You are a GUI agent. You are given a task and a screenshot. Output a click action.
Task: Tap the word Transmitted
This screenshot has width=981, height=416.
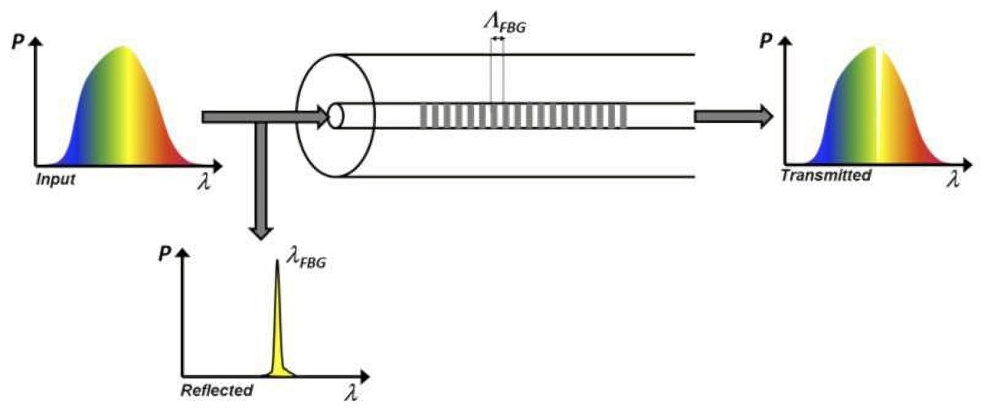pyautogui.click(x=826, y=176)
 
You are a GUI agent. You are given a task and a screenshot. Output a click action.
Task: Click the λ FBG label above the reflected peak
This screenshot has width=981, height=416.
pyautogui.click(x=306, y=262)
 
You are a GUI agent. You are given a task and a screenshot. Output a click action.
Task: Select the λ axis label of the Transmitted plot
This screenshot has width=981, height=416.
pyautogui.click(x=954, y=179)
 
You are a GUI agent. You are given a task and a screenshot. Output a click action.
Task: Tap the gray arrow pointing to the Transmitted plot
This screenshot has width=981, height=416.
pyautogui.click(x=732, y=115)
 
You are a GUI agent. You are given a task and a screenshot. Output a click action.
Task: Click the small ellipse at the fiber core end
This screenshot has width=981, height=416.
pyautogui.click(x=336, y=116)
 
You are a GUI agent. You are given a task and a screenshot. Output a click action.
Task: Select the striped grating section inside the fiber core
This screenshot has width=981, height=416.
pyautogui.click(x=523, y=115)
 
